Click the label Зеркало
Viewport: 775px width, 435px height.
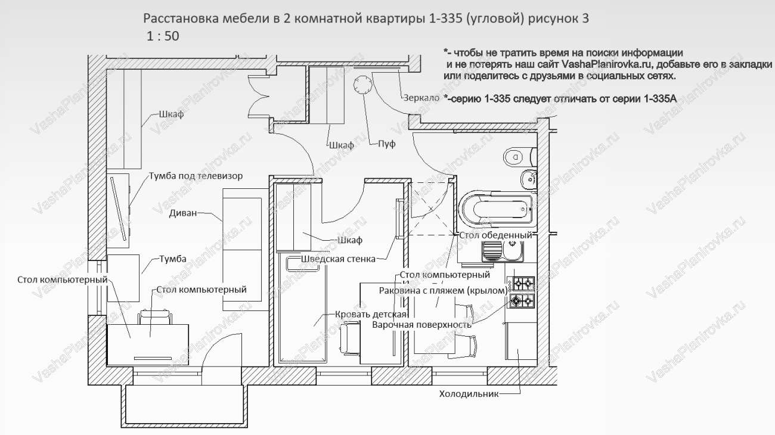click(x=421, y=98)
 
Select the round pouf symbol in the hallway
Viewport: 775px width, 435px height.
click(x=362, y=86)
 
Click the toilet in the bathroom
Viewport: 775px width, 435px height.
click(x=514, y=157)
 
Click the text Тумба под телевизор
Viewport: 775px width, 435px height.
click(x=196, y=177)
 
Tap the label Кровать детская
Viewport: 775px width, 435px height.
click(x=371, y=315)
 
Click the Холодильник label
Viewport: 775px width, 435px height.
click(x=468, y=394)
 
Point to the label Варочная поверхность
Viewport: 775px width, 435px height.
click(x=422, y=325)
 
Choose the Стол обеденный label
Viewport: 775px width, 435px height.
click(x=495, y=235)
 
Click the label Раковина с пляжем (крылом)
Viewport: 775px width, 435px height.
click(x=443, y=290)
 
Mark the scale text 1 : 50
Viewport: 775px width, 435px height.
click(x=163, y=36)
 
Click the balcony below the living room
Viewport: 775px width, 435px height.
click(x=185, y=404)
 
